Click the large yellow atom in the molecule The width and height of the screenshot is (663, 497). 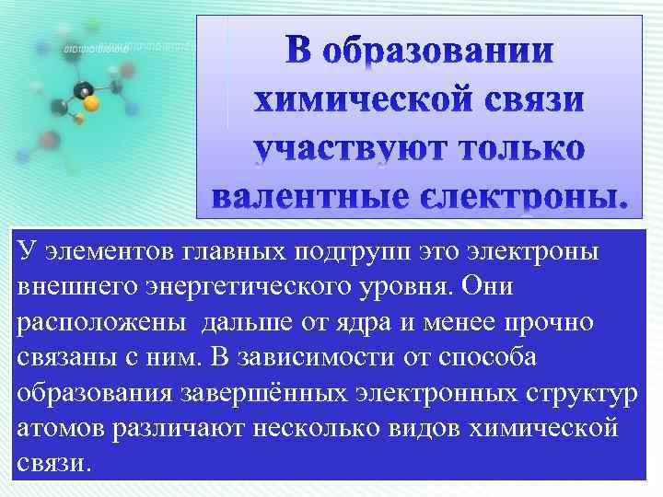90,103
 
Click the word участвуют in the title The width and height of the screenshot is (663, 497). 342,149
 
